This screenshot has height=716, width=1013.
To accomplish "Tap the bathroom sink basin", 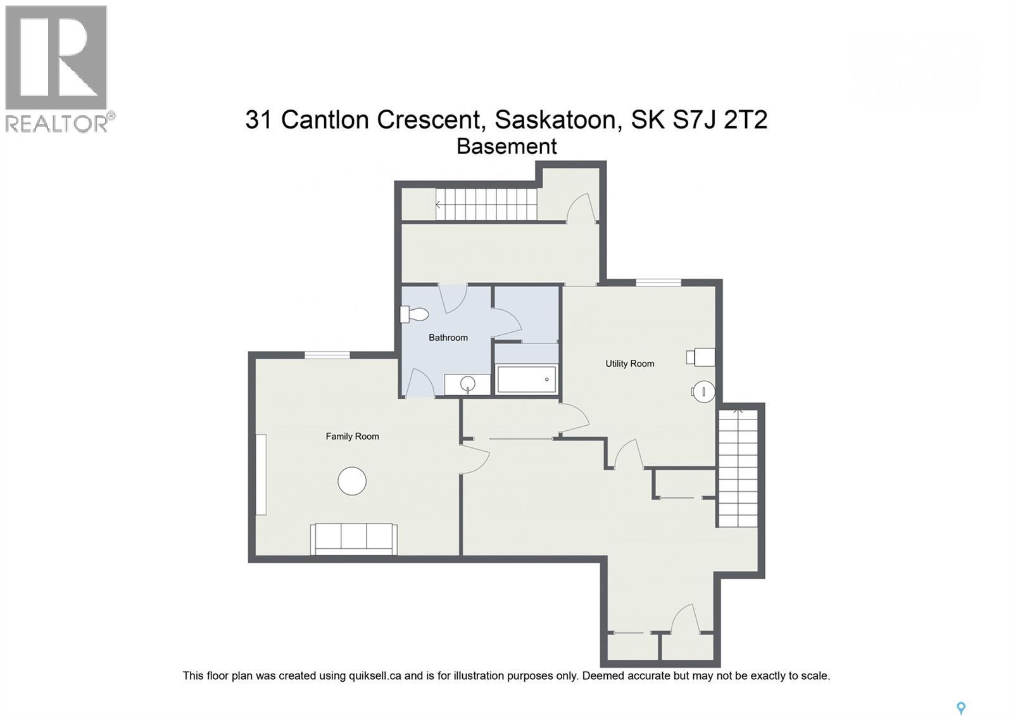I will click(467, 383).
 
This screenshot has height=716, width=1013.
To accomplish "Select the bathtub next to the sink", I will click(526, 380).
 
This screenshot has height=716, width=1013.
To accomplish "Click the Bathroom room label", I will click(448, 338).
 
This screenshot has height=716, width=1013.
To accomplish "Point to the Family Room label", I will click(352, 437).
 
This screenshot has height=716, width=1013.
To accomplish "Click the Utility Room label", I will click(629, 364).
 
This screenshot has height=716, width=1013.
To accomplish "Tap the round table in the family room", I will click(352, 482).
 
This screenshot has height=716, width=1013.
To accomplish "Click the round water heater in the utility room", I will click(703, 392).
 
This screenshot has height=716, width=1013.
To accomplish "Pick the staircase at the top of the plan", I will click(486, 204).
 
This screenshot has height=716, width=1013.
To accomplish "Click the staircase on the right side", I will click(738, 469).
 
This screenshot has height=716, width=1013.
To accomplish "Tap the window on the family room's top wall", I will click(327, 355).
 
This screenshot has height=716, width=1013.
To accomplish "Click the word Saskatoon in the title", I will click(555, 119).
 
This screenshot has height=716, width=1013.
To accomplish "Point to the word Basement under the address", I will click(507, 146).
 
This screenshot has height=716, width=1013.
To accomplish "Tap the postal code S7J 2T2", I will click(720, 119).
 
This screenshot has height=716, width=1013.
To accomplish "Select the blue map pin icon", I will click(960, 708).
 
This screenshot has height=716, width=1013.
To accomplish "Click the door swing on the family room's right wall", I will click(475, 458).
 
